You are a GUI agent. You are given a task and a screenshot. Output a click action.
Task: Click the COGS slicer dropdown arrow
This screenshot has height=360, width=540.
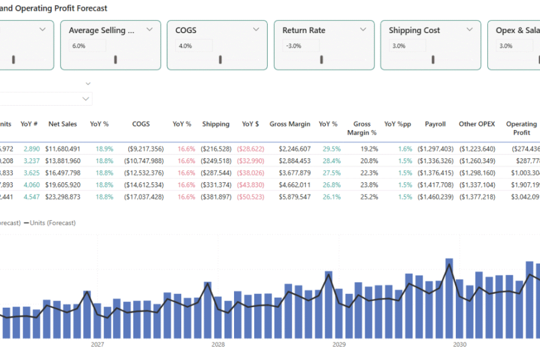(x=256, y=29)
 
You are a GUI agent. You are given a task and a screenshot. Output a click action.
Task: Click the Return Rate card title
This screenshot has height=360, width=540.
(x=304, y=30)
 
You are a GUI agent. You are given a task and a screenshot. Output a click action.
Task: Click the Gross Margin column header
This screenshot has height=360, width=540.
(x=290, y=124)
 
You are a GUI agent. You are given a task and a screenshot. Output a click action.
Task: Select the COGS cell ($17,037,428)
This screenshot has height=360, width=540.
(x=144, y=196)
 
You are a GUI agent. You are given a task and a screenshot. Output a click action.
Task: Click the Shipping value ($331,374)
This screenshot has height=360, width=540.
(x=215, y=185)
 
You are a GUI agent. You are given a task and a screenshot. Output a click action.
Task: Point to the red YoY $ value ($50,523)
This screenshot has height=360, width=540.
(x=250, y=196)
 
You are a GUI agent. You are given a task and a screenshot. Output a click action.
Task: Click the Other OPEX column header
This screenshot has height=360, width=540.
(x=477, y=124)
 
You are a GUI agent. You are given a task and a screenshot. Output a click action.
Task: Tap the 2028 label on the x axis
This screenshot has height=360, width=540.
(x=218, y=344)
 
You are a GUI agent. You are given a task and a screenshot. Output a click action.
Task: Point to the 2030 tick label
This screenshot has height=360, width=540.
(x=460, y=344)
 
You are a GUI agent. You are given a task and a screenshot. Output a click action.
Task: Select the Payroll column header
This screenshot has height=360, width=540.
(x=435, y=124)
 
